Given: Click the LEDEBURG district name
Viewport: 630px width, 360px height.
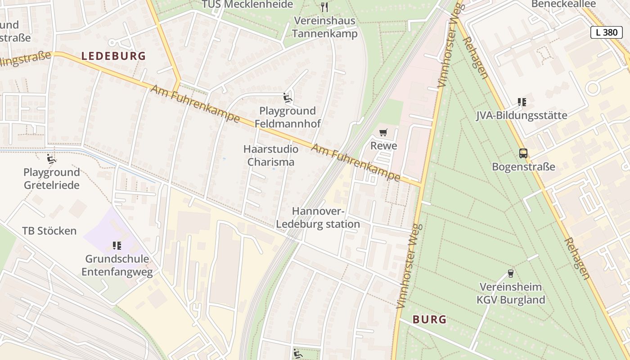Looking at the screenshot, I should tap(113, 56).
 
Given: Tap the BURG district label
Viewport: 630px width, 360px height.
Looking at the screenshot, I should tap(430, 320).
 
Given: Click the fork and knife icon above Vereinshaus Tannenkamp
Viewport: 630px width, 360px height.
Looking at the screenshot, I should tap(324, 7).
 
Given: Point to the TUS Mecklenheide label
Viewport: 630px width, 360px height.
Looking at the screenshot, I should tap(247, 4).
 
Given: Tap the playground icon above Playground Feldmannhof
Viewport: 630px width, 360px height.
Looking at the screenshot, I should tap(287, 97).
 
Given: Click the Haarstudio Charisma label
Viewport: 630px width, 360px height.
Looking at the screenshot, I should tap(271, 155).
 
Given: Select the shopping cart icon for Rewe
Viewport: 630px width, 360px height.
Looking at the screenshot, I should tap(383, 132).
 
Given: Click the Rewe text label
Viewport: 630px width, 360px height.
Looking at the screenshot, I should tap(383, 146).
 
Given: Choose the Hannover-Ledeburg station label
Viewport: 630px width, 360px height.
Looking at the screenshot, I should tap(318, 218).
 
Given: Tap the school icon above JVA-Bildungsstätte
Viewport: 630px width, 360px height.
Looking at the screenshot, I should tap(522, 102).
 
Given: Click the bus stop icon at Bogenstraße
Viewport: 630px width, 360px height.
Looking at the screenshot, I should tap(523, 153).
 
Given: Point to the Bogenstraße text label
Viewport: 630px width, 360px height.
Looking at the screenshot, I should tap(523, 167).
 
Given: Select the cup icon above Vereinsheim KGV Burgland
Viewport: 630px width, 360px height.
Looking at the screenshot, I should tap(510, 273).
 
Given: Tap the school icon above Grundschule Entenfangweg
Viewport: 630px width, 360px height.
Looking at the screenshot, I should tap(117, 245).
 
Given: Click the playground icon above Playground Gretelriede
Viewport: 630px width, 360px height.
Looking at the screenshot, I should tap(52, 159).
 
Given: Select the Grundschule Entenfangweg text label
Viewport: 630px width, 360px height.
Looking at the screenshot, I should tap(117, 265).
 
